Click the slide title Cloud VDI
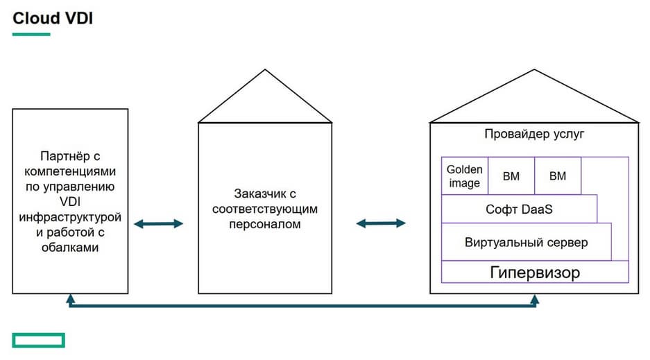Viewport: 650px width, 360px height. click(x=53, y=18)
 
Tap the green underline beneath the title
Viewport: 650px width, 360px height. click(x=31, y=34)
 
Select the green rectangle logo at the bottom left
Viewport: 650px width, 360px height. click(x=38, y=339)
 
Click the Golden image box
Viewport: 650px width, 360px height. click(x=464, y=176)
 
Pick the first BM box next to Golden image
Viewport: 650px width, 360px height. click(x=511, y=176)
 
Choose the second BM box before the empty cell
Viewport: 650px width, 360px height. click(x=558, y=176)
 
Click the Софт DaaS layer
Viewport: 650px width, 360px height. click(x=519, y=209)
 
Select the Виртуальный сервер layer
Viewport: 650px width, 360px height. click(x=526, y=242)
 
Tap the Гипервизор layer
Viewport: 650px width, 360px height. click(x=535, y=271)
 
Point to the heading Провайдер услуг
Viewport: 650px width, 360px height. click(x=535, y=134)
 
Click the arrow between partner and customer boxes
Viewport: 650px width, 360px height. click(x=158, y=223)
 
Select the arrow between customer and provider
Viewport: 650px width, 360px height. click(x=380, y=223)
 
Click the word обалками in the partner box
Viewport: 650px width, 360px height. click(x=70, y=248)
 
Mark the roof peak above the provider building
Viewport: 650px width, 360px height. click(x=534, y=71)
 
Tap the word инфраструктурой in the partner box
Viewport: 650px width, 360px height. click(x=70, y=217)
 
